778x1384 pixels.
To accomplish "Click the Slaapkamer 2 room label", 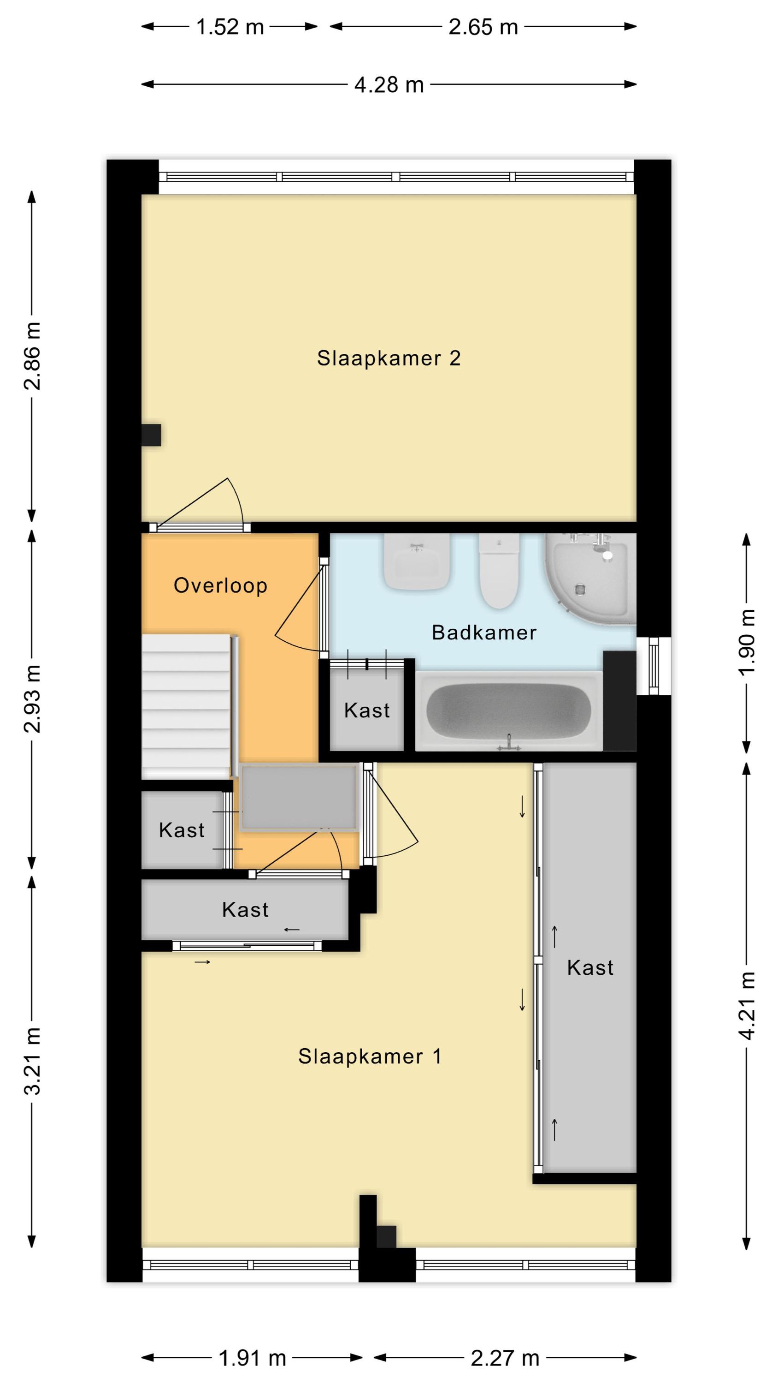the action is click(389, 358).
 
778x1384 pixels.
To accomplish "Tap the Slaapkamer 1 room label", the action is click(370, 1057).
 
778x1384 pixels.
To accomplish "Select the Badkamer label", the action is click(484, 632).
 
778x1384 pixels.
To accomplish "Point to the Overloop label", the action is click(220, 585).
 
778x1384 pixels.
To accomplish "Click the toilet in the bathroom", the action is click(499, 571).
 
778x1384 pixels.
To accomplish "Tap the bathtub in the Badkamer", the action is click(509, 710).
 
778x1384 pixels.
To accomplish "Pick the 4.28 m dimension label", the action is click(389, 85).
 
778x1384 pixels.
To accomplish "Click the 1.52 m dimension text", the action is click(230, 27).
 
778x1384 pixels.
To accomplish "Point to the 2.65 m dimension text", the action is click(483, 27).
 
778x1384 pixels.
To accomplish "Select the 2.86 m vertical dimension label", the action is click(32, 356).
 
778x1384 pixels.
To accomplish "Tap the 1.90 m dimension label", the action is click(747, 643).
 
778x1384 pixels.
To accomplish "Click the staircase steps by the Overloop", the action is click(186, 706).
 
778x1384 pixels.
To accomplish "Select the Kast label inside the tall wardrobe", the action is click(590, 967).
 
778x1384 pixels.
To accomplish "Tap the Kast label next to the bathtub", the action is click(367, 710).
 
